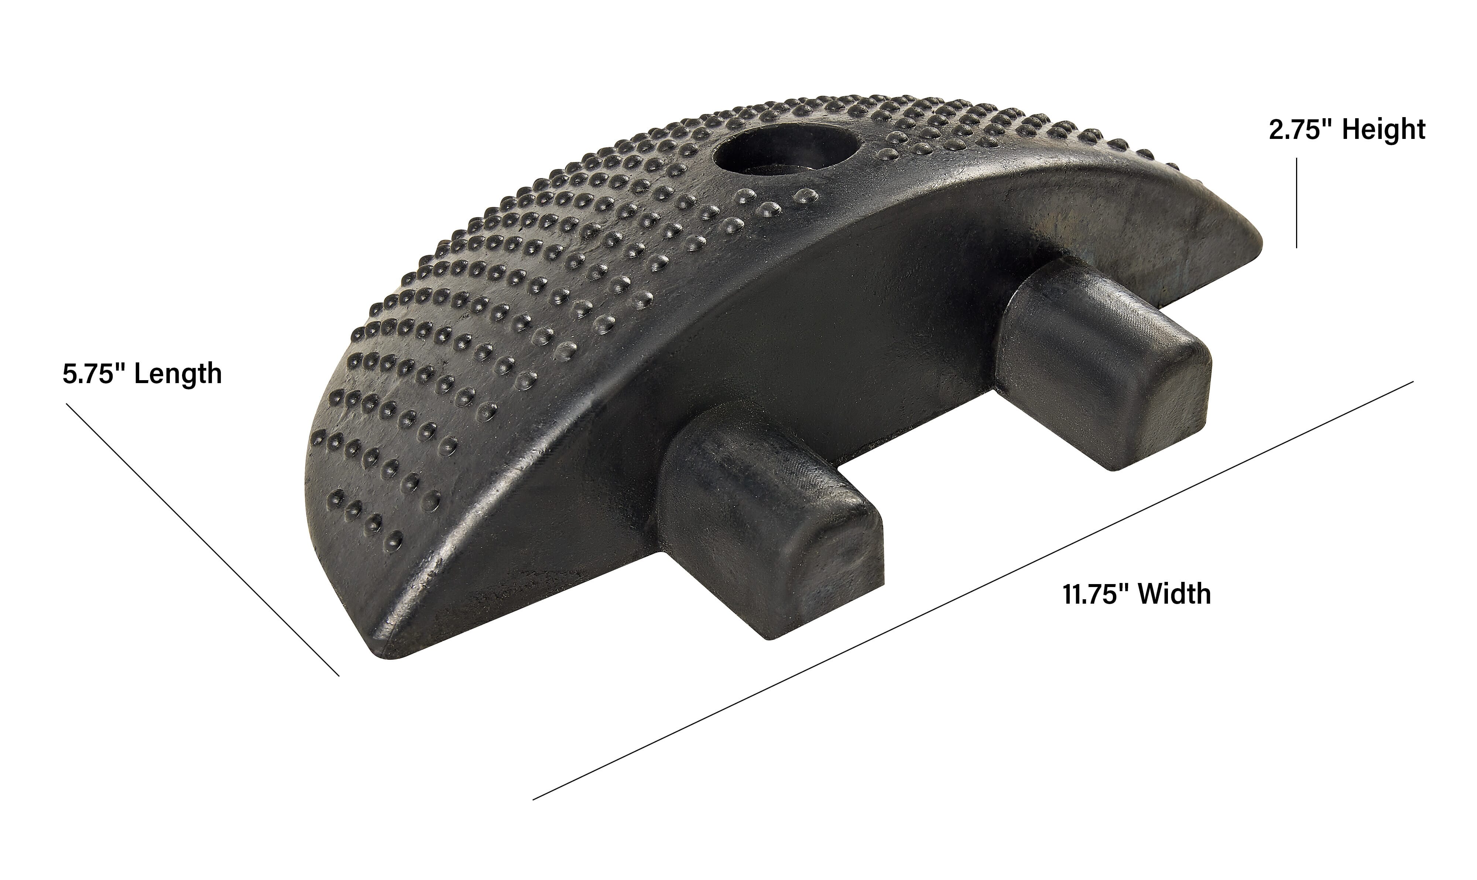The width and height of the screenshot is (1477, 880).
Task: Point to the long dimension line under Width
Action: tap(972, 591)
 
